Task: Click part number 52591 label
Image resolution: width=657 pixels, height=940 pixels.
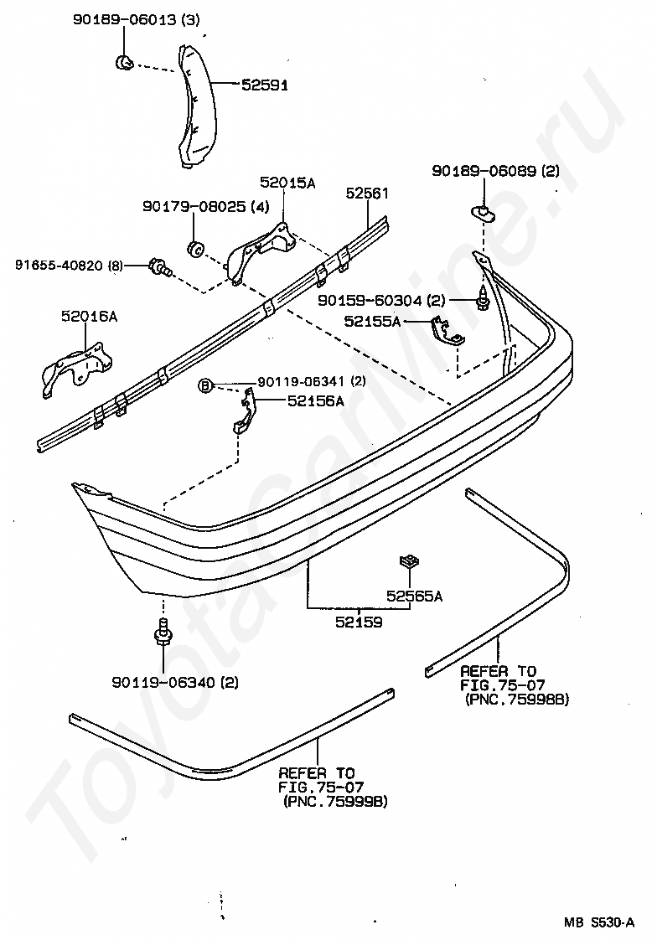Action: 265,85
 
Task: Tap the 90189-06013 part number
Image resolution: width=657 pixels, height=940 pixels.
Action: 125,20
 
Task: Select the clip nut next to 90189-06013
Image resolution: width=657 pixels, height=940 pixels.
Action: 123,62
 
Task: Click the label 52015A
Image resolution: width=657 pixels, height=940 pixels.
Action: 287,183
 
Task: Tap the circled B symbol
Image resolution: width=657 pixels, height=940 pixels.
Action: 205,387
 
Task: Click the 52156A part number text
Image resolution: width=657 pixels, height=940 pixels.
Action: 316,401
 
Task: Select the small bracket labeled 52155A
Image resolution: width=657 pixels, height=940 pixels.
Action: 447,331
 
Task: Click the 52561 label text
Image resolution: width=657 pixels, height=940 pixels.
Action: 367,193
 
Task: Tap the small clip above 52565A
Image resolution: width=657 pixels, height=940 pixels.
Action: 409,561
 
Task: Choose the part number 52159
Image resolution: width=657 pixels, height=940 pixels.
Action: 359,622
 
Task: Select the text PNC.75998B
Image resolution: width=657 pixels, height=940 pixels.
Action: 517,699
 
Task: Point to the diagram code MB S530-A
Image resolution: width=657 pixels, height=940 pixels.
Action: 598,922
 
